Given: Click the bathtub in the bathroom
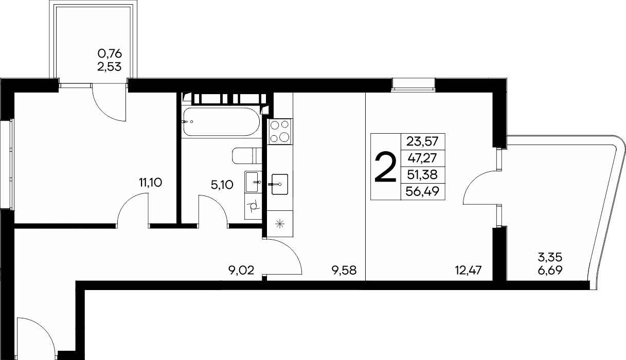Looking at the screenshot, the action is [x=221, y=122].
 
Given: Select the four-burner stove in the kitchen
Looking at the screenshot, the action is [x=280, y=131].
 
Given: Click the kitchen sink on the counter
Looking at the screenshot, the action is [x=279, y=184].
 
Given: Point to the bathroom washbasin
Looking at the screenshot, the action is [x=253, y=182].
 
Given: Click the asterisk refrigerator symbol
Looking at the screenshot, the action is [x=280, y=224].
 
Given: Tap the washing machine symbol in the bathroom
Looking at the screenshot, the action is [x=253, y=206].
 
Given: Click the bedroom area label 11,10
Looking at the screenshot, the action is [x=151, y=183].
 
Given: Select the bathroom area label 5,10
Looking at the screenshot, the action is [x=222, y=185].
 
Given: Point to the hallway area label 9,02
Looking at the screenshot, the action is [x=241, y=271].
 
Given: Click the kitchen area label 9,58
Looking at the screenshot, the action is [x=344, y=271].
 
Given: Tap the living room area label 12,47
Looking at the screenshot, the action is [x=469, y=271].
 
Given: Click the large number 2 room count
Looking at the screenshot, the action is [x=385, y=167].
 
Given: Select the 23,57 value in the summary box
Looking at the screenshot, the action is [x=422, y=142].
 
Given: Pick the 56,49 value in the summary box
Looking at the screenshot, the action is [x=422, y=191].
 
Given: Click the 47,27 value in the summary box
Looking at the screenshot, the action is [x=422, y=158].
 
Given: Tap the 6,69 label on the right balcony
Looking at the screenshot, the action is [x=550, y=271].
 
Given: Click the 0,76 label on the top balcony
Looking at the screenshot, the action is [x=110, y=53].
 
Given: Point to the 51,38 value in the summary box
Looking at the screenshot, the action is [x=422, y=175].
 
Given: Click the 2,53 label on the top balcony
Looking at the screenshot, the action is [x=109, y=66].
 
